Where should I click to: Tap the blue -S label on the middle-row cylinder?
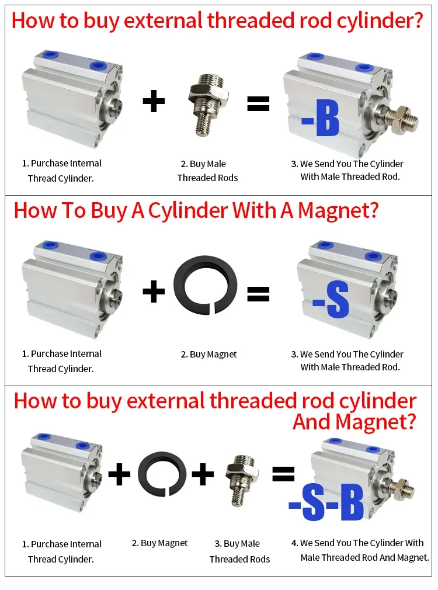[x=331, y=301]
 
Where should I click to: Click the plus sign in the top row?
[x=154, y=101]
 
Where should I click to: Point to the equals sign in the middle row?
[x=258, y=294]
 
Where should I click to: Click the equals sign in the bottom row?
[x=283, y=474]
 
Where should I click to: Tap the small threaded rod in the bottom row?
[x=242, y=480]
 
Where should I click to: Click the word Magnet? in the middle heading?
[x=338, y=210]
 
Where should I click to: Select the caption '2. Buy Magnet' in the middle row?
[x=208, y=355]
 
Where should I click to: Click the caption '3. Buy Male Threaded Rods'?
[x=239, y=551]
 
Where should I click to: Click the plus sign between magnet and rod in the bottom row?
[x=203, y=474]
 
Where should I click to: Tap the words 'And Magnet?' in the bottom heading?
[x=354, y=422]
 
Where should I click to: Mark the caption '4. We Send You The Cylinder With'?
[x=357, y=543]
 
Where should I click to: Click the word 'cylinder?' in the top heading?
[x=379, y=20]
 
